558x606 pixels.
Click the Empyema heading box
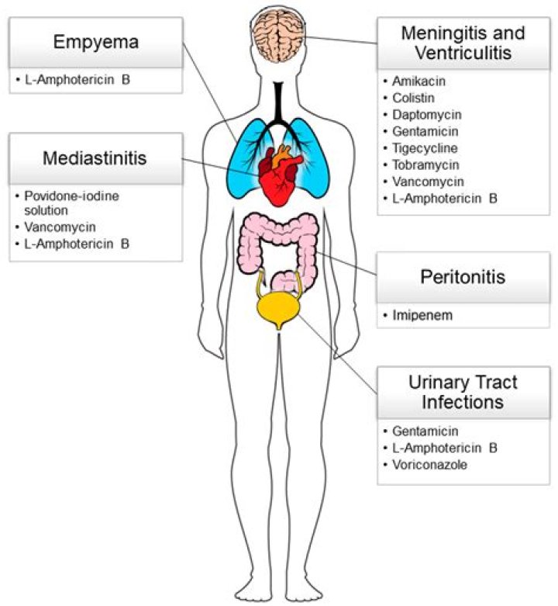coord(96,42)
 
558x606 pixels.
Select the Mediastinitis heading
coord(96,159)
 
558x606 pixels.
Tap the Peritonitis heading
coord(462,277)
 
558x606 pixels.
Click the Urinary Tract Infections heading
coord(463,392)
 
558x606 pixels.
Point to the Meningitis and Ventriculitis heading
coord(463,44)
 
